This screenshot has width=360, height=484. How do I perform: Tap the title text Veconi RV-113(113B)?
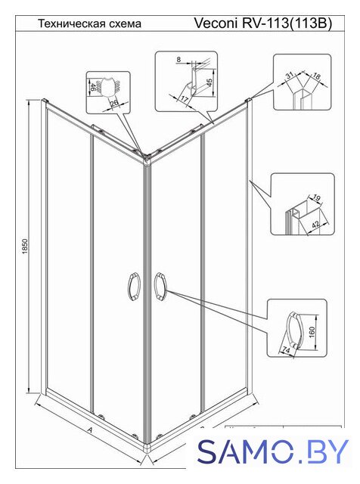(262, 23)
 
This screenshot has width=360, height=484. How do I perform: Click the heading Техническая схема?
(89, 23)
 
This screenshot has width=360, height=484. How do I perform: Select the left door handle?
(134, 286)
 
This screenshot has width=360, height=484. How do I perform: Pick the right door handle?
(160, 286)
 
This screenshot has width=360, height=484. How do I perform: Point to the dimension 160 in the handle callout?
(312, 332)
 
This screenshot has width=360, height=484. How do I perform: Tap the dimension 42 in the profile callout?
(315, 225)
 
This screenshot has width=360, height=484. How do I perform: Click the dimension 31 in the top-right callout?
(290, 76)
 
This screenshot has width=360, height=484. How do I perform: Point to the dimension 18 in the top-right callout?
(316, 76)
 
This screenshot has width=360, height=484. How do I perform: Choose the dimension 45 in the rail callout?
(209, 82)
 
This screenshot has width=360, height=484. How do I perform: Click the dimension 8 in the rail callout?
(178, 59)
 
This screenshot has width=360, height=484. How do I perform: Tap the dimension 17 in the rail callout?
(185, 99)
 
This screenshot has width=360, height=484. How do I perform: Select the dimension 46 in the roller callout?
(92, 84)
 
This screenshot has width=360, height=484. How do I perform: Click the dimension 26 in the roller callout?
(114, 103)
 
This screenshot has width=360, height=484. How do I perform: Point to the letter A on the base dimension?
(90, 429)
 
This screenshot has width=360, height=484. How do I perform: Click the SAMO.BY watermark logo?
(274, 451)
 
